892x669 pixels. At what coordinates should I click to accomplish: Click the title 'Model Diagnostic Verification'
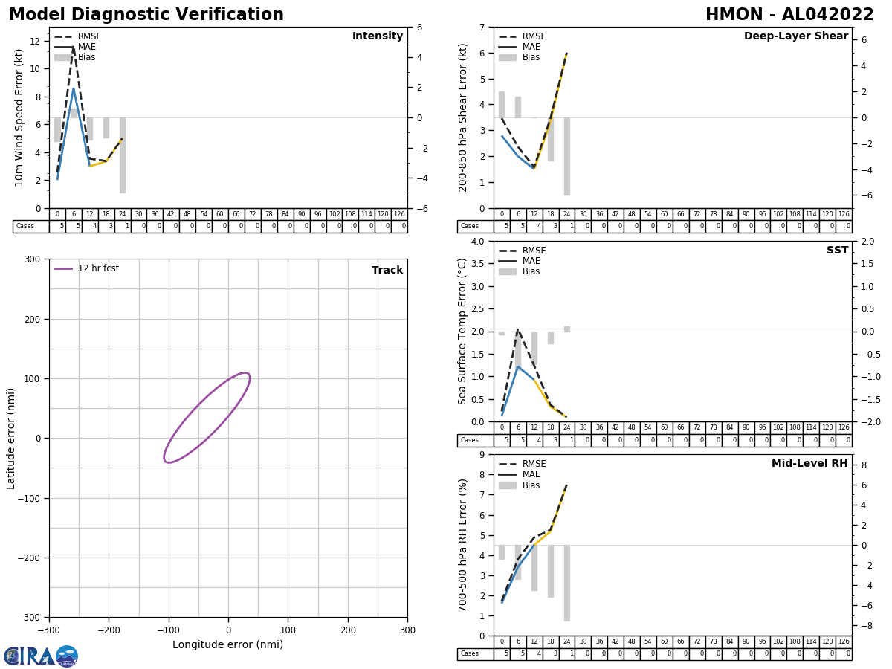click(x=146, y=15)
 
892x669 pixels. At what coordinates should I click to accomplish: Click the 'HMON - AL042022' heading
click(x=789, y=15)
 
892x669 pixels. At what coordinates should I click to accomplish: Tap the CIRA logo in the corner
click(x=40, y=656)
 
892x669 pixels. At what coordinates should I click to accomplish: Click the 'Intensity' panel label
click(x=378, y=36)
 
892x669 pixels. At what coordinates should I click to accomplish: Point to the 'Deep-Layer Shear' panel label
click(x=795, y=36)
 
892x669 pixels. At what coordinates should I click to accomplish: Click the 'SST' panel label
click(x=837, y=251)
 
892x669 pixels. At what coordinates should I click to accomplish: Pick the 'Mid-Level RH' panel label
click(x=809, y=464)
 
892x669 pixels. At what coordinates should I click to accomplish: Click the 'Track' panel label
click(x=387, y=271)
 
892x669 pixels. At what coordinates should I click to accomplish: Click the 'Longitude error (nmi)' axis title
click(x=227, y=645)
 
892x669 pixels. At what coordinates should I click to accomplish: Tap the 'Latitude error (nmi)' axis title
click(x=11, y=438)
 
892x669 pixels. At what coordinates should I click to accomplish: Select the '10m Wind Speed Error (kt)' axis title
click(x=19, y=117)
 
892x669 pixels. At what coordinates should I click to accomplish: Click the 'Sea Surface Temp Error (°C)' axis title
click(x=463, y=331)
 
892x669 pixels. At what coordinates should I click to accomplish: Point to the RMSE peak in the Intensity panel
click(x=73, y=48)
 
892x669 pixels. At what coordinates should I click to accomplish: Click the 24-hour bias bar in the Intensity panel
click(x=123, y=155)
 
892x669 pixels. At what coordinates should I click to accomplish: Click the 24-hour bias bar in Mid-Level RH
click(x=567, y=583)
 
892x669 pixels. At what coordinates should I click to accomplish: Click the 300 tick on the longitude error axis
click(x=407, y=630)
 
